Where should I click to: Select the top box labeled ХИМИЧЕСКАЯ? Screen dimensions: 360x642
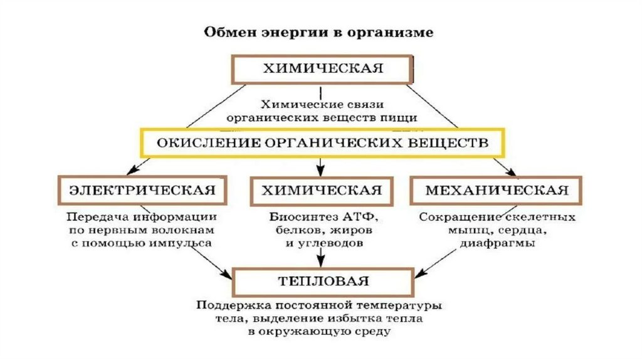(x=322, y=69)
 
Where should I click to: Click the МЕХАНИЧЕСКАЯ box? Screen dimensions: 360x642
(x=497, y=190)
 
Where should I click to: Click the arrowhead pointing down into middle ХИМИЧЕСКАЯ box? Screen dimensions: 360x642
(x=321, y=171)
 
